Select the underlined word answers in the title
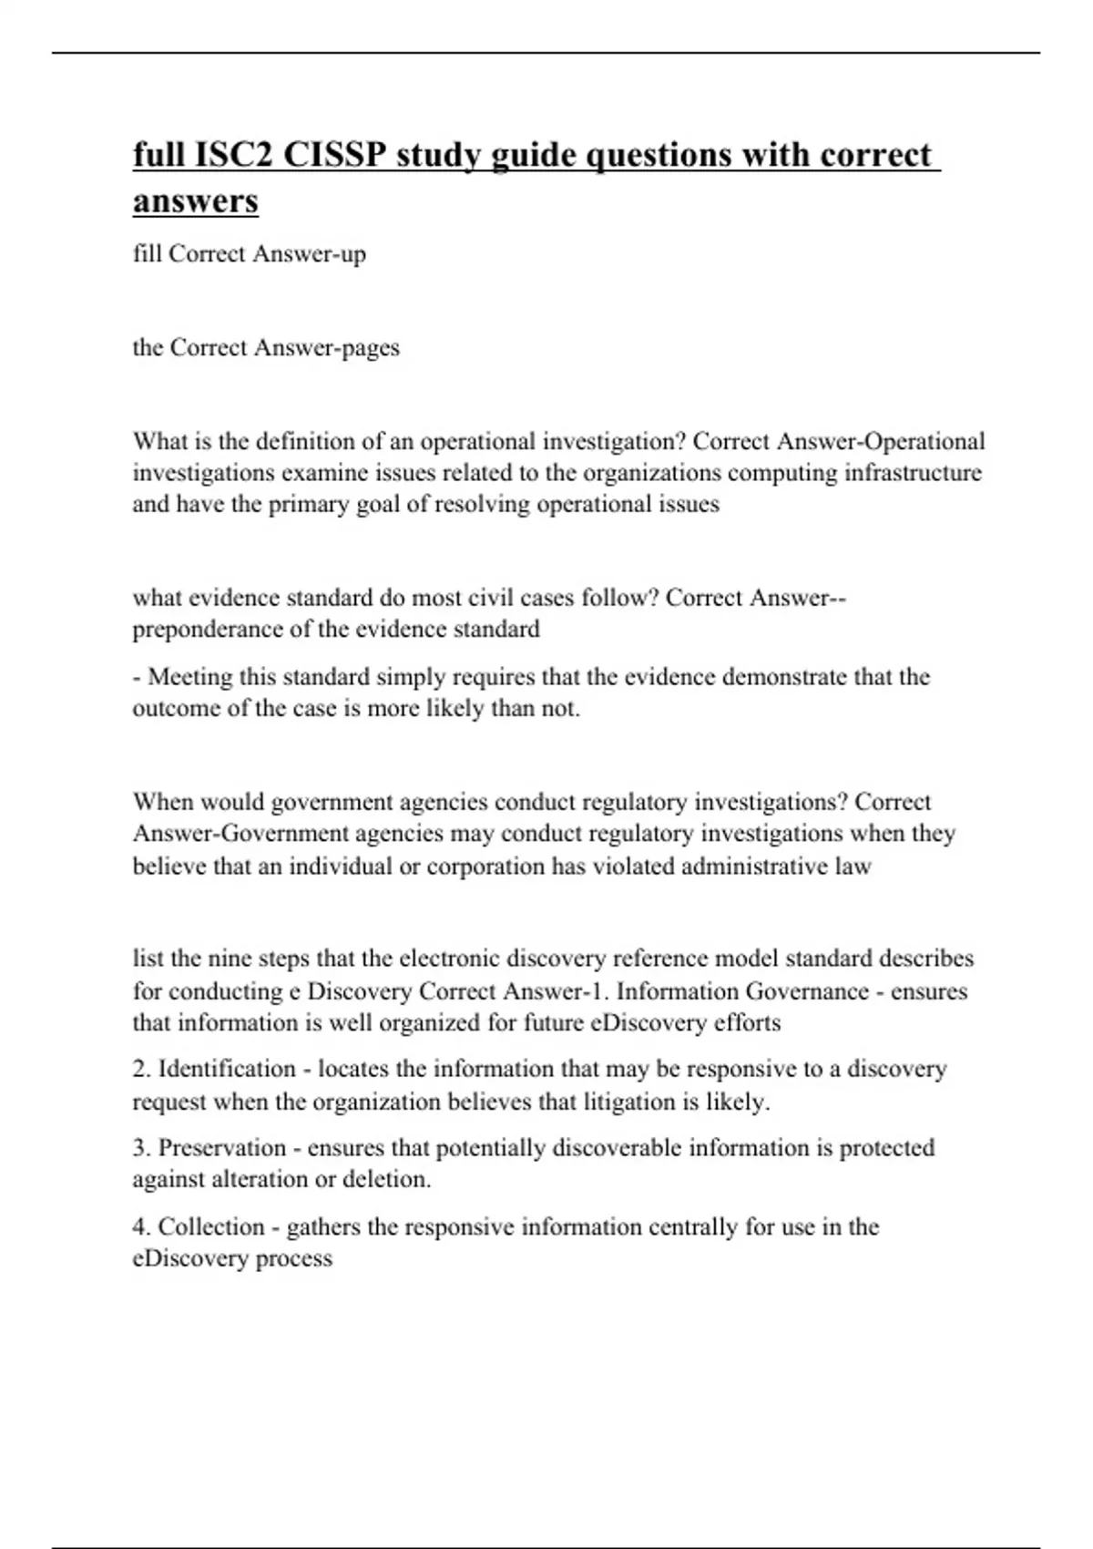point(195,200)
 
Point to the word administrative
point(753,866)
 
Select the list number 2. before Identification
point(142,1069)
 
